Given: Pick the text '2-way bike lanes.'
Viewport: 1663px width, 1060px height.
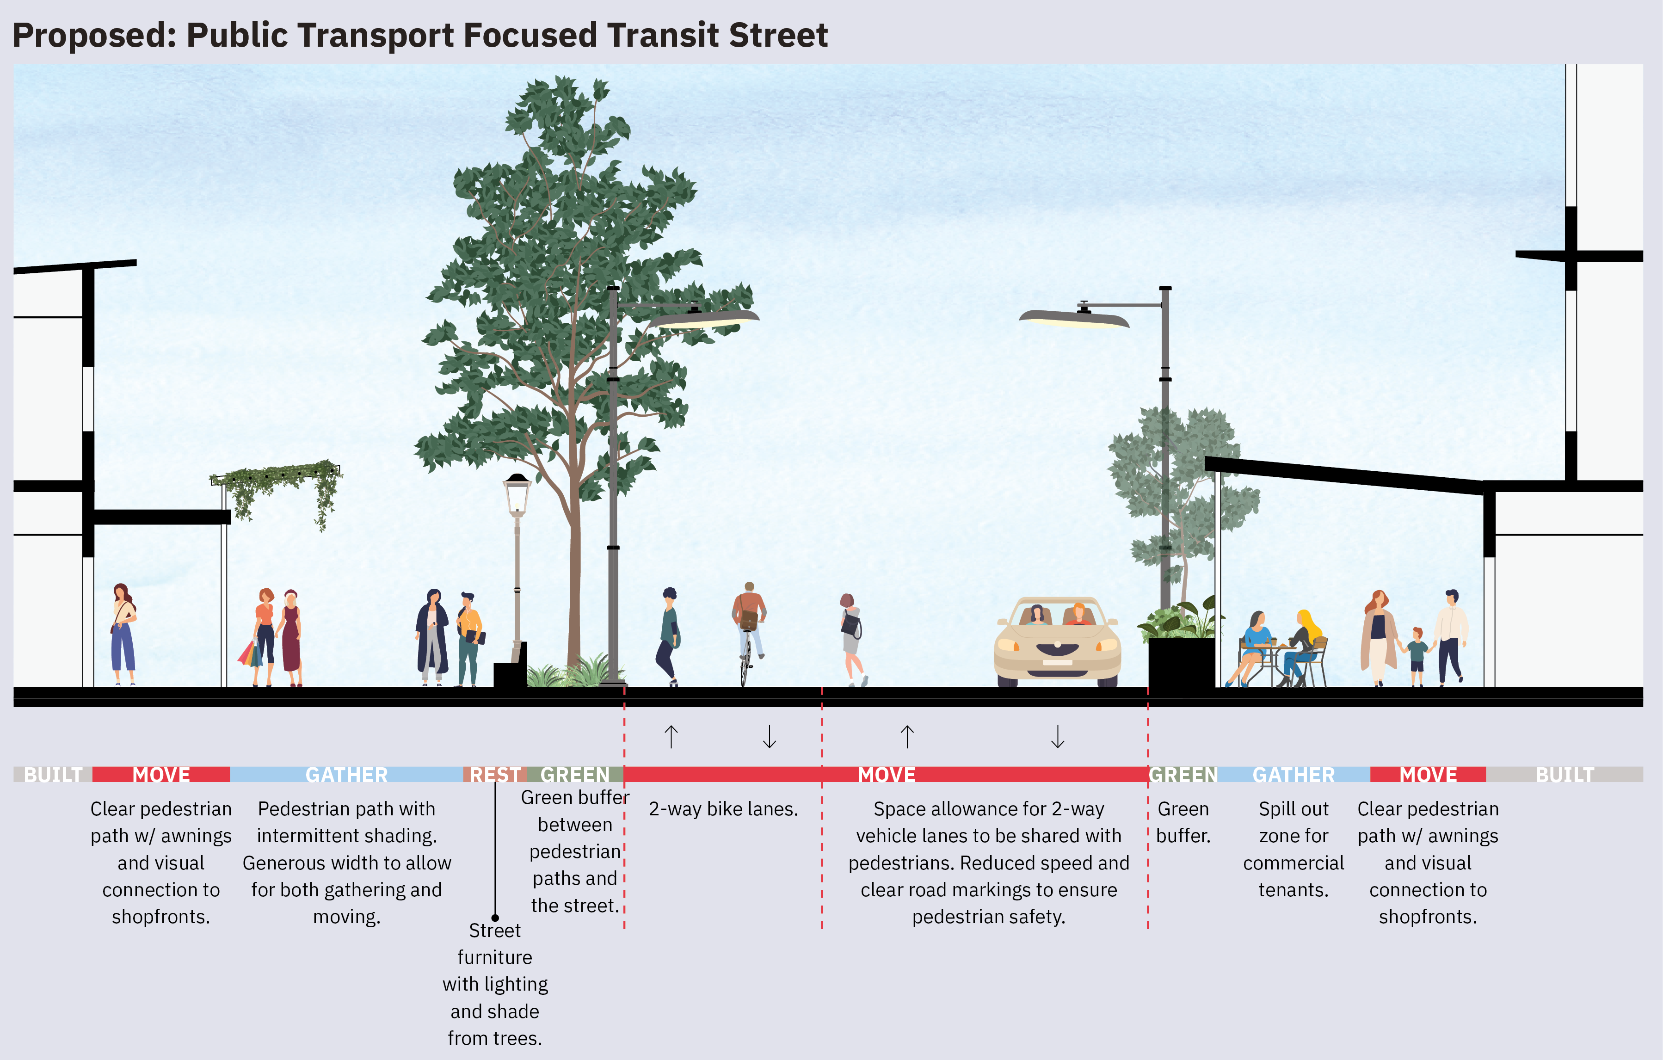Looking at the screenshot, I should [x=723, y=808].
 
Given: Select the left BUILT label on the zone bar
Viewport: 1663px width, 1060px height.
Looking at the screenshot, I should [x=53, y=775].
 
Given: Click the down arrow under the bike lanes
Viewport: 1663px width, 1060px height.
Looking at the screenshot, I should [x=770, y=737].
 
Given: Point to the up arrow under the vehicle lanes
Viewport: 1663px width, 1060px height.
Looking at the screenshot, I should [x=907, y=737].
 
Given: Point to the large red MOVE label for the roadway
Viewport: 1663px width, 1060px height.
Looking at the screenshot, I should [x=887, y=775].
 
